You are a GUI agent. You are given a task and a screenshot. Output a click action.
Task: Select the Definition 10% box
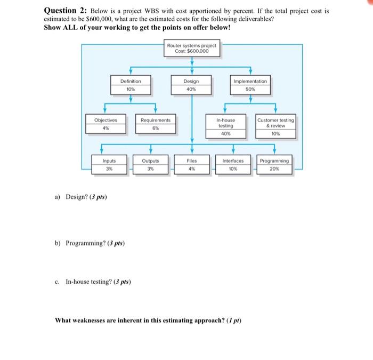[x=131, y=85]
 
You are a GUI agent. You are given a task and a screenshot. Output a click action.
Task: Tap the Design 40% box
[x=191, y=85]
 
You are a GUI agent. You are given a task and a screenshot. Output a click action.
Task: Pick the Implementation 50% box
[x=250, y=85]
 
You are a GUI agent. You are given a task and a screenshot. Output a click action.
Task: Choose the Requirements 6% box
[x=156, y=124]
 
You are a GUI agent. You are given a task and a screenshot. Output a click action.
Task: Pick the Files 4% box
[x=191, y=164]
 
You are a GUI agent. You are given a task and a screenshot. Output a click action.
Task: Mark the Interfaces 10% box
[x=233, y=164]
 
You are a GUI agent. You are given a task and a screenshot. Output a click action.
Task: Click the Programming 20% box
[x=274, y=164]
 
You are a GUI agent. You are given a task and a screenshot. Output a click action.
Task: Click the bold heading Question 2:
[x=66, y=10]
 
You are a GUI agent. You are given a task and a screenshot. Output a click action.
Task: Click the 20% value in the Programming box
[x=274, y=168]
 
